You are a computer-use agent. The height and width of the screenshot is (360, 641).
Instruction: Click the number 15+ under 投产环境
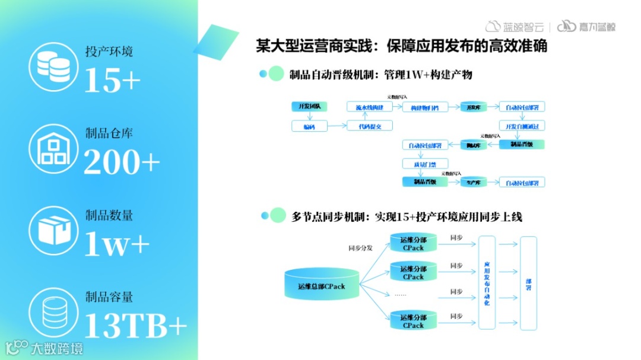(112, 80)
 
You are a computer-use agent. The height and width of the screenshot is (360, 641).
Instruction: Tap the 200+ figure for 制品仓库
(122, 162)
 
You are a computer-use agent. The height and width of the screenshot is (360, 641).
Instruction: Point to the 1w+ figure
(116, 244)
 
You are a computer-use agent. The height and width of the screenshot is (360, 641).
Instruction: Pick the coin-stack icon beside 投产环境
(54, 66)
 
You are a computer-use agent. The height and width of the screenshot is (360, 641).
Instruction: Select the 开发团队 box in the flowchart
(309, 107)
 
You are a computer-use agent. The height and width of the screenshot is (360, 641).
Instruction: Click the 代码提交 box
(369, 126)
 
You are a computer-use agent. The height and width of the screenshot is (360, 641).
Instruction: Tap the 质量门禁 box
(424, 163)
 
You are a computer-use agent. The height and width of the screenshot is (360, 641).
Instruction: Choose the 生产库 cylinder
(473, 182)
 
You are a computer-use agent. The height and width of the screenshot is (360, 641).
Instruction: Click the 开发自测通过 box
(522, 126)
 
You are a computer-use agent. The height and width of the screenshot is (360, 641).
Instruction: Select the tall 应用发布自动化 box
(487, 283)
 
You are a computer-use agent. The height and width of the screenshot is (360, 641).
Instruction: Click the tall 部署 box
(528, 283)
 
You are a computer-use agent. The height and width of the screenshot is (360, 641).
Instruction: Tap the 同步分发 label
(360, 248)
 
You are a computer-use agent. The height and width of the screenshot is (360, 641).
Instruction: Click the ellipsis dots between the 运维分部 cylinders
(401, 294)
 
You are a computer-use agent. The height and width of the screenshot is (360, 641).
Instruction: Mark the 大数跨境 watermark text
(56, 348)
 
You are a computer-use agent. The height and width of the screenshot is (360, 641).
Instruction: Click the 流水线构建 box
(369, 107)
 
